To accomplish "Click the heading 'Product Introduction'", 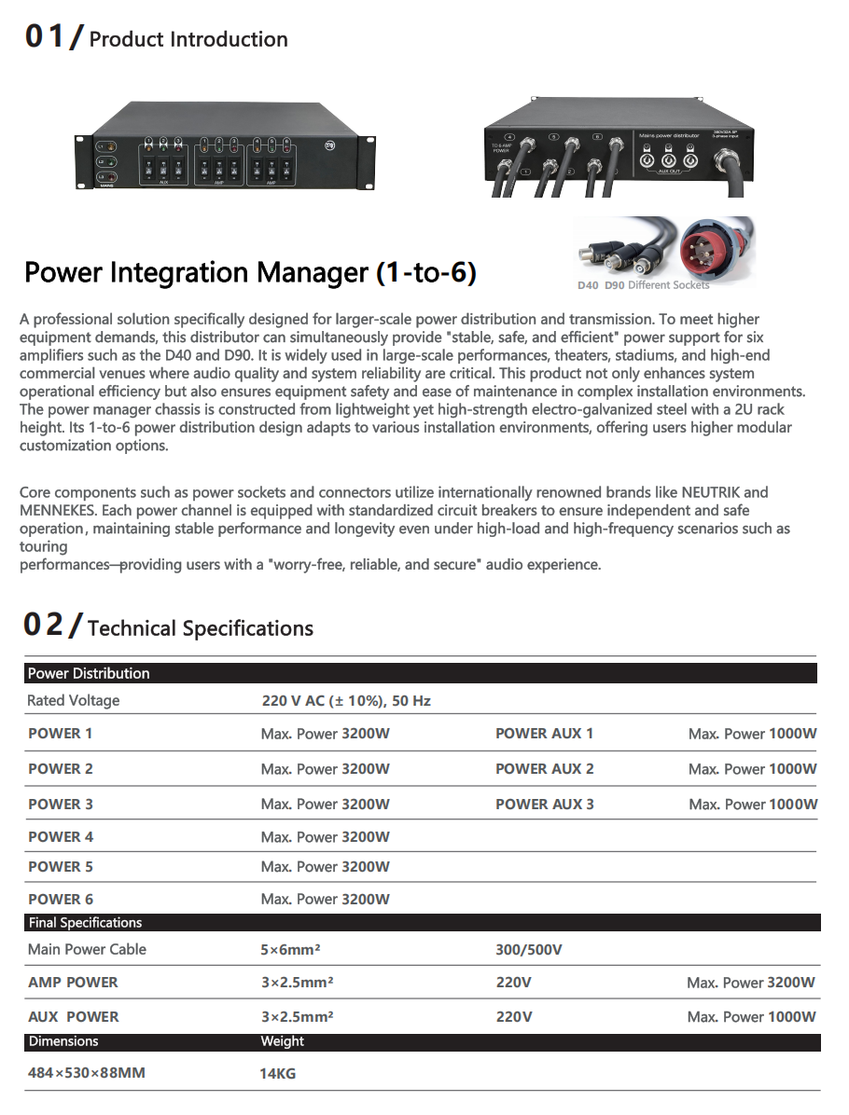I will [x=188, y=39].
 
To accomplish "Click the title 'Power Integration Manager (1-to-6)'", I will [x=250, y=272].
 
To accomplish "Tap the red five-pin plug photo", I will [x=716, y=250].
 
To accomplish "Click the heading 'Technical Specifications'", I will [x=200, y=628].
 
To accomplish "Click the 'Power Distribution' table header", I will [x=89, y=673].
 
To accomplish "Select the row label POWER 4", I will [x=61, y=837].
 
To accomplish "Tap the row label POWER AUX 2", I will [x=544, y=769].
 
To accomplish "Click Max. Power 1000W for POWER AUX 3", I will [x=753, y=804].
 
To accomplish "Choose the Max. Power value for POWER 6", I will [x=325, y=900].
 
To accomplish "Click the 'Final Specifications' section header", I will [x=85, y=923].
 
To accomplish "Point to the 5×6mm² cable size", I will [x=290, y=950].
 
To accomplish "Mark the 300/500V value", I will [x=529, y=950].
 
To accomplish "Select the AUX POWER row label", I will [x=74, y=1017].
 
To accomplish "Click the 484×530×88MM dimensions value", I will [x=87, y=1073].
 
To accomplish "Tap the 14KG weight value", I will [x=278, y=1074].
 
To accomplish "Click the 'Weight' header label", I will [x=283, y=1041].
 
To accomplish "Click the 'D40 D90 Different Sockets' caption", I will [x=644, y=285].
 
